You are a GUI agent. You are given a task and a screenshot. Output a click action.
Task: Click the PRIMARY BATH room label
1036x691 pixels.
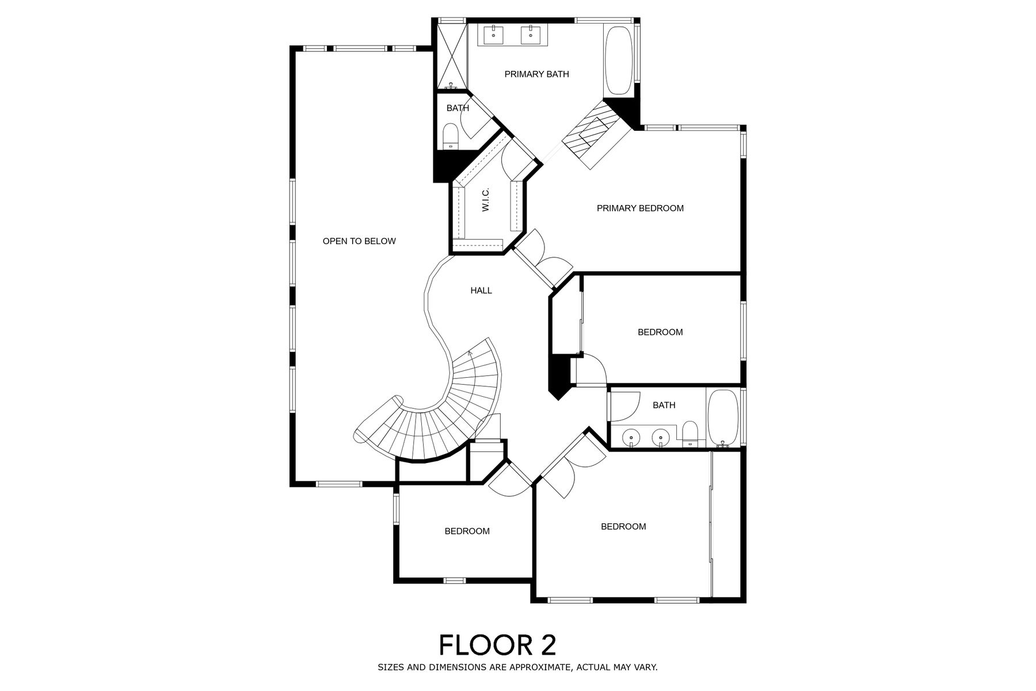coord(536,74)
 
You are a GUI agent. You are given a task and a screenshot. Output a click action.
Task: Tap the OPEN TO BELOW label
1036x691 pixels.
coord(359,241)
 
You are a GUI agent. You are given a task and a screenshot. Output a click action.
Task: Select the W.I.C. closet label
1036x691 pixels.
coord(486,199)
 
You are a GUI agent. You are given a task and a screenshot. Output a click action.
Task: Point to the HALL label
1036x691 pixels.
coord(481,291)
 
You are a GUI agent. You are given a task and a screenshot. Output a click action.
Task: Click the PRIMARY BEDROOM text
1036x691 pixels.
coord(640,208)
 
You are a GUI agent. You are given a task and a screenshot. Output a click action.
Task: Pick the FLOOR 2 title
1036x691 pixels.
coord(498,645)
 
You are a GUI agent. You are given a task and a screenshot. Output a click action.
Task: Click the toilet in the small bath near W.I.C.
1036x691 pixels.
coord(451,137)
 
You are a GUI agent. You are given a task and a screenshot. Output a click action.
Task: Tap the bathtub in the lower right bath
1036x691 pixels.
coord(722,418)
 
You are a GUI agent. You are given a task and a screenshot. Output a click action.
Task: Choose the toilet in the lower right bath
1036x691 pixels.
coord(690,433)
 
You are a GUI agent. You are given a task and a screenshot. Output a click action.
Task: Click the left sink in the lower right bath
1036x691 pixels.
coord(632,438)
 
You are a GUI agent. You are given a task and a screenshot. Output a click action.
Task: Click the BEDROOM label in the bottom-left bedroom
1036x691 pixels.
coord(467,531)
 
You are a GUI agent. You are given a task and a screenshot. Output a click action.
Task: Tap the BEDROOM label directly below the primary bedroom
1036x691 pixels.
coord(660,332)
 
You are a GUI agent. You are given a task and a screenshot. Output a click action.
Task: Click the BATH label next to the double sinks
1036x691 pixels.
coord(664,405)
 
